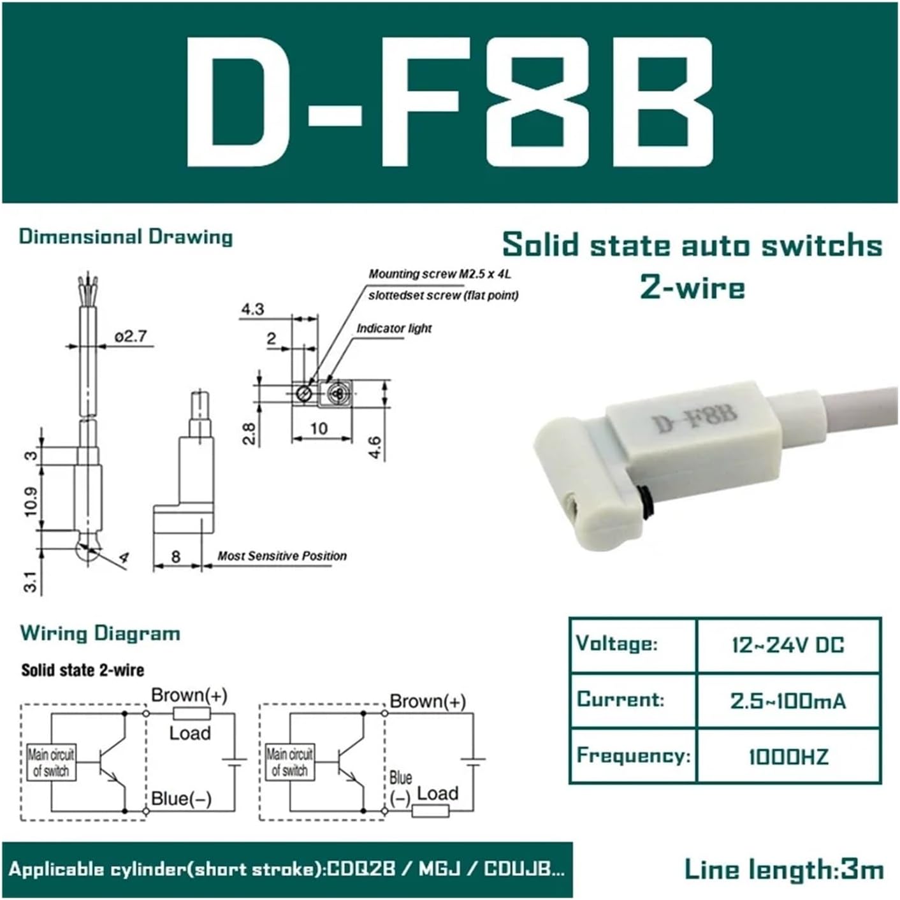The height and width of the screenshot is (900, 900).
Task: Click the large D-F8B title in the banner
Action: [x=449, y=102]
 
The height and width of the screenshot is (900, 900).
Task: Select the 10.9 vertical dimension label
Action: [x=30, y=501]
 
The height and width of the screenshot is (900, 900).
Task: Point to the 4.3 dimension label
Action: [x=252, y=309]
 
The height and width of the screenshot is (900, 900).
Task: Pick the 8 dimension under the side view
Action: [x=176, y=556]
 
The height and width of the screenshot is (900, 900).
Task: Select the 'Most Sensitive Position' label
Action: [x=282, y=556]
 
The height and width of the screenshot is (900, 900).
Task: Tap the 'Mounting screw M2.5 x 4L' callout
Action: [x=440, y=274]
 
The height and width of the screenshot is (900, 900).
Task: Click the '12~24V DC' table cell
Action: [x=788, y=644]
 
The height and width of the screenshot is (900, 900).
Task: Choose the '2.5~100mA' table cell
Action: [x=788, y=700]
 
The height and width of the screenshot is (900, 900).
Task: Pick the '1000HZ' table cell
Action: [x=788, y=757]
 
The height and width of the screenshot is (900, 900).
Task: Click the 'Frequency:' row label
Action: [x=633, y=756]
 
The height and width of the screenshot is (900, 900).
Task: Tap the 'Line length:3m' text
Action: [x=783, y=869]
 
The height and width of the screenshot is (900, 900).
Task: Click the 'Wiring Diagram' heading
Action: [x=100, y=633]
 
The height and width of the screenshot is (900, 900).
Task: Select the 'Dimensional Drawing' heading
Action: [x=126, y=236]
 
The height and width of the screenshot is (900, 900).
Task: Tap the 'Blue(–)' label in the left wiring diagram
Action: [x=181, y=799]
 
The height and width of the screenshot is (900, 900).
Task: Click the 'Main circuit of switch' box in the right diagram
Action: [x=289, y=762]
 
